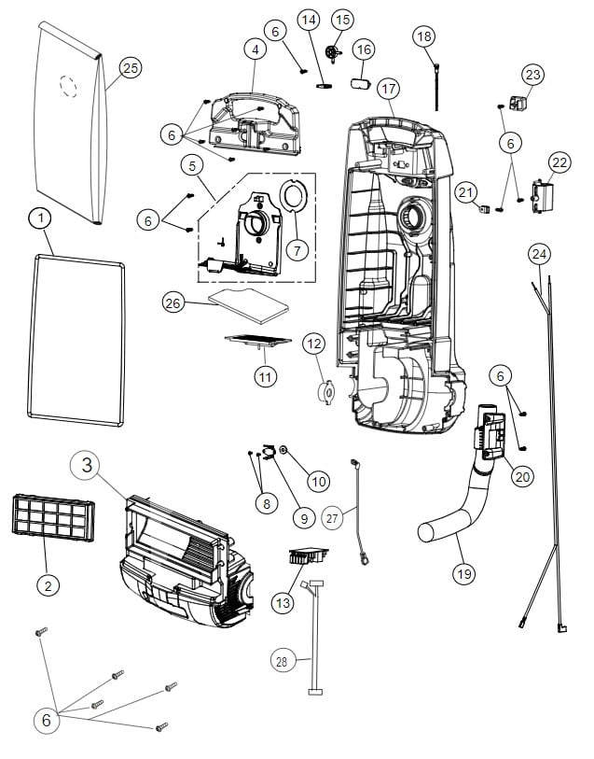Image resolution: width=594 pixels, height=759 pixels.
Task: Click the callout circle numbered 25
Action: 130,67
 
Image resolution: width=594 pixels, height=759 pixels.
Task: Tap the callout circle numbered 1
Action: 39,218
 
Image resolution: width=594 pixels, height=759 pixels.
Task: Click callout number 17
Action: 388,88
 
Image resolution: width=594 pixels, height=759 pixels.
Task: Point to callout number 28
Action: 281,660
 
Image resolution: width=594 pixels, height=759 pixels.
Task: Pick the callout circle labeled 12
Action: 314,344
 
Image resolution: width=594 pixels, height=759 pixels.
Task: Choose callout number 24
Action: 539,254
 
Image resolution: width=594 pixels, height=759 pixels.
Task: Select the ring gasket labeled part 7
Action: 295,200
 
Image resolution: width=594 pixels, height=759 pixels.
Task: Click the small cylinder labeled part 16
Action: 360,84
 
